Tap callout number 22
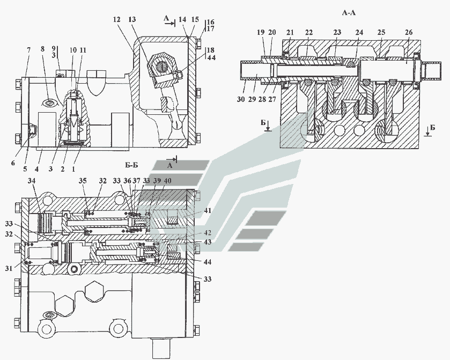309,33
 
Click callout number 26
409,33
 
